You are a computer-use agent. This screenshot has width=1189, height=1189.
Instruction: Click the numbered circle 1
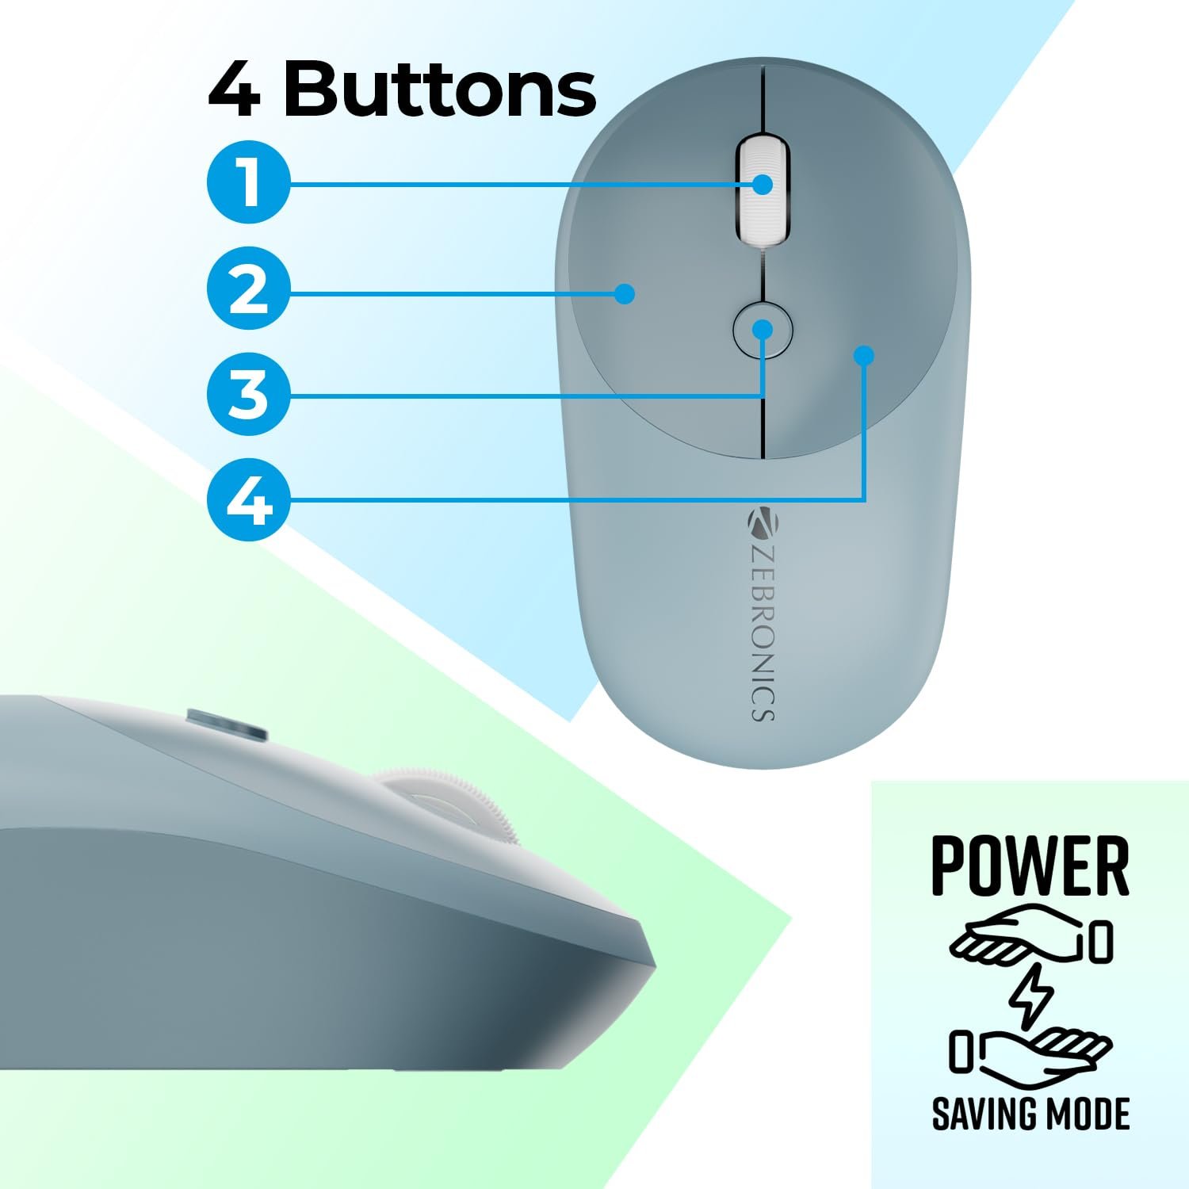[249, 182]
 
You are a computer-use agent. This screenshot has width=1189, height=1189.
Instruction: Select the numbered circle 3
[249, 395]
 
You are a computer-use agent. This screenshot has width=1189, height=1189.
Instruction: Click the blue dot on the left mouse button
[626, 294]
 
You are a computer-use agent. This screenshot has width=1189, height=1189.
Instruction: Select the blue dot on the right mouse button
[864, 356]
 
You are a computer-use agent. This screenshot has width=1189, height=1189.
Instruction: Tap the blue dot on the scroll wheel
[763, 185]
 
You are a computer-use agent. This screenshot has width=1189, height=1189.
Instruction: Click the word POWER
[1030, 866]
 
